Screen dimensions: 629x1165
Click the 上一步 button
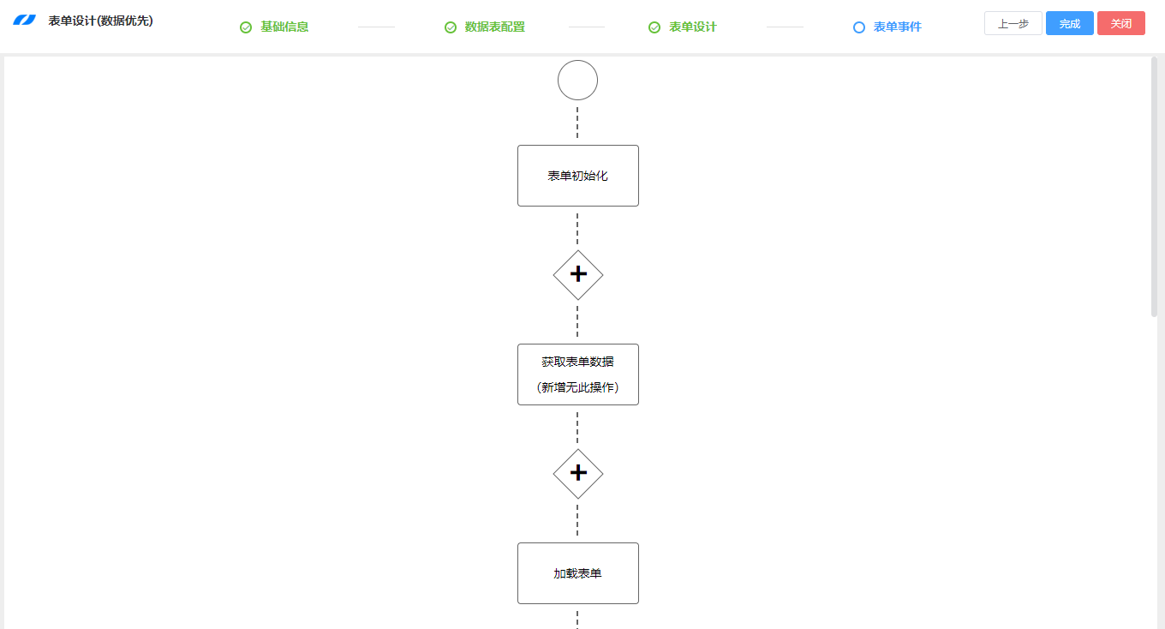[x=1013, y=23]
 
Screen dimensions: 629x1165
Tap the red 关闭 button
[x=1120, y=23]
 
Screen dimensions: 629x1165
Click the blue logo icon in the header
[x=24, y=21]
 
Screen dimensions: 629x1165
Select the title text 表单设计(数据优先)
[x=100, y=21]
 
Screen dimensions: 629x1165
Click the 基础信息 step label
[x=284, y=27]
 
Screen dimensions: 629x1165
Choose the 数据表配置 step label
[x=494, y=27]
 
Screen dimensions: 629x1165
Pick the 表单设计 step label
[x=692, y=27]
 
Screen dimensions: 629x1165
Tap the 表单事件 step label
[x=897, y=27]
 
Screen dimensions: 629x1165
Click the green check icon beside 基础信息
[x=246, y=27]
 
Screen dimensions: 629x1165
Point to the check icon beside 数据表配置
[x=451, y=27]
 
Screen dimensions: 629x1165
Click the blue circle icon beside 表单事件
[x=859, y=27]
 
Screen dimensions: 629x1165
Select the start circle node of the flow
[x=577, y=81]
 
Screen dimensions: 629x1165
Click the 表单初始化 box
[x=577, y=176]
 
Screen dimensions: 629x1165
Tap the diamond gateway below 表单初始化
[x=578, y=275]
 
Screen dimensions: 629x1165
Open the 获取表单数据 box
[x=577, y=374]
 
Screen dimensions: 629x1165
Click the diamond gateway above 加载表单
[x=578, y=474]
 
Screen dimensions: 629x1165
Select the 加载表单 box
[x=577, y=573]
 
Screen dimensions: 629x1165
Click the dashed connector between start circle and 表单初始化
[x=577, y=123]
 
